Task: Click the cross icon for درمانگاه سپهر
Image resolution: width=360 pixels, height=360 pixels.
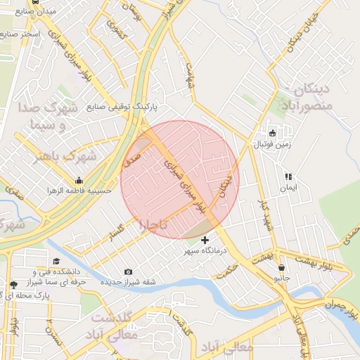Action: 205,240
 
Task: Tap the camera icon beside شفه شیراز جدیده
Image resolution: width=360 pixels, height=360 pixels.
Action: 128,272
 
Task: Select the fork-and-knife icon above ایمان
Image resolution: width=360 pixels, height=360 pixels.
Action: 288,177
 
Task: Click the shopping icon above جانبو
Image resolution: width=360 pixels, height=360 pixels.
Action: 282,267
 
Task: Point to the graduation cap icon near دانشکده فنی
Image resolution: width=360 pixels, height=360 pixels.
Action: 56,262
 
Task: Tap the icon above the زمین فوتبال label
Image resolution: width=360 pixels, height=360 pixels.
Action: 273,132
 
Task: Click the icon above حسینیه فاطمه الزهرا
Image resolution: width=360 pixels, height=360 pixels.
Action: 79,180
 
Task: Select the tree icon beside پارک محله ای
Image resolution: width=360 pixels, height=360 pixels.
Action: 14,285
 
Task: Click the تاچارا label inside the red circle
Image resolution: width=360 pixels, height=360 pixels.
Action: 153,225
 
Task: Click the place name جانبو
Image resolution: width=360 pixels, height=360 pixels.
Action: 282,278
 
